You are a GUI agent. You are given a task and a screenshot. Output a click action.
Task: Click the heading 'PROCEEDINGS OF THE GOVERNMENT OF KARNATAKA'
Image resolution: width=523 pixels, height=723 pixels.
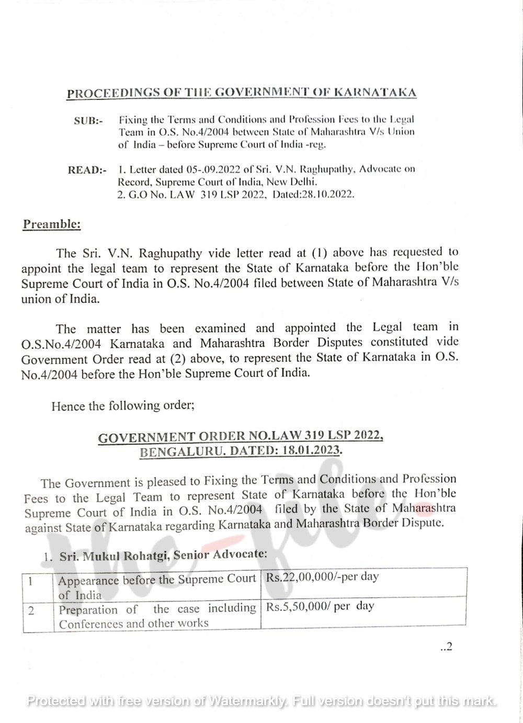(x=242, y=94)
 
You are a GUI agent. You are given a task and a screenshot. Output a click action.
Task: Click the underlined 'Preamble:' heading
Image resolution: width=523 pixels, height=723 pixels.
(x=52, y=224)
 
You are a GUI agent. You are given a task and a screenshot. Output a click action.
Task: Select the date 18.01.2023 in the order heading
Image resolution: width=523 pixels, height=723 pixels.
(x=311, y=450)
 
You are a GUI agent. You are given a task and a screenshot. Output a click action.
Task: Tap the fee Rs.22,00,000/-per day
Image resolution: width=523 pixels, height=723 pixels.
(x=322, y=577)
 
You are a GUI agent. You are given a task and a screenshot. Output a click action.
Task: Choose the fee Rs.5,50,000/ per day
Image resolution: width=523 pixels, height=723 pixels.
(x=320, y=606)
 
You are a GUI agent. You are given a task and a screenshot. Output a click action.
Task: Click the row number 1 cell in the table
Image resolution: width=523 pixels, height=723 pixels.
(x=31, y=581)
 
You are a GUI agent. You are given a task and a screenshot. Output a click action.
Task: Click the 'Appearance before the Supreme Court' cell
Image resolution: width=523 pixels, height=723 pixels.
(x=156, y=586)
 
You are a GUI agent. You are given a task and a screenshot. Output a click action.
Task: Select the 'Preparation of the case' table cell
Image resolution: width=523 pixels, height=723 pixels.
(x=156, y=616)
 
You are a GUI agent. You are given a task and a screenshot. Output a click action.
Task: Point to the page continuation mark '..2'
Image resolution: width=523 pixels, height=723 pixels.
(x=446, y=647)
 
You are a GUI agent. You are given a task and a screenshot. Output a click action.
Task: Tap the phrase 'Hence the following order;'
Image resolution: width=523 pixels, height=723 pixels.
(x=123, y=405)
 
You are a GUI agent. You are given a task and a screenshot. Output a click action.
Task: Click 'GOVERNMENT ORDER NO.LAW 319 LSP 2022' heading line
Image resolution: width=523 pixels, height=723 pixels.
(x=241, y=436)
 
